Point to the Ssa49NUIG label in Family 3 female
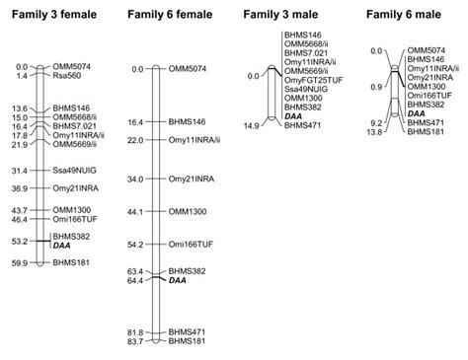[x=75, y=171]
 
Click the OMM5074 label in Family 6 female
[x=188, y=68]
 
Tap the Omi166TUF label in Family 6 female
[x=191, y=244]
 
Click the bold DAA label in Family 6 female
[x=178, y=280]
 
